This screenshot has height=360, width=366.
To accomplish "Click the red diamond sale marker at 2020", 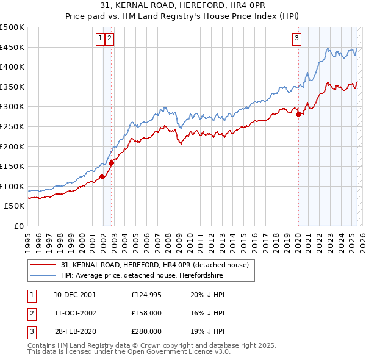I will click(298, 113).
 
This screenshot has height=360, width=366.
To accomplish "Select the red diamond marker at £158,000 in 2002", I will click(112, 163).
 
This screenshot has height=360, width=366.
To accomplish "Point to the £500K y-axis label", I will click(12, 27).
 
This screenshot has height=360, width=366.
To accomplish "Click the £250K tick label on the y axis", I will click(12, 126).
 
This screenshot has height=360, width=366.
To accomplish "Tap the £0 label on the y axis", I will click(19, 226).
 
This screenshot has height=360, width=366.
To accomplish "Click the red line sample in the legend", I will click(43, 265).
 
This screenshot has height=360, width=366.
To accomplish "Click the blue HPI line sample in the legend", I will click(43, 276).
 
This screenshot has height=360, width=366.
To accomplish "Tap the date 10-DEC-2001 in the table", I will click(74, 295).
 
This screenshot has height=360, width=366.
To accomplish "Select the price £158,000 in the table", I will click(146, 313).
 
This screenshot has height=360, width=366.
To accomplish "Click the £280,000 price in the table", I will click(146, 331).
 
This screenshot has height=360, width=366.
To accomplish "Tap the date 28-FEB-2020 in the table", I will click(74, 331).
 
